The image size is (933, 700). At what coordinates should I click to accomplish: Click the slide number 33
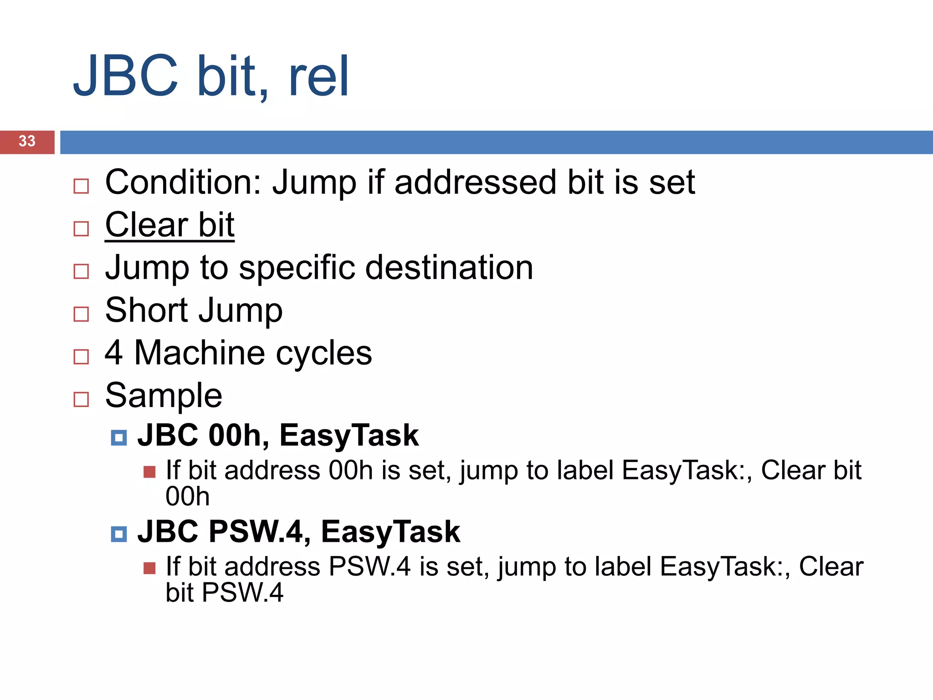pyautogui.click(x=27, y=141)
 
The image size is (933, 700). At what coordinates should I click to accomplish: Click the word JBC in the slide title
pyautogui.click(x=126, y=76)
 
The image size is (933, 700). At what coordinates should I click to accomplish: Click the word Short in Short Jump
pyautogui.click(x=146, y=310)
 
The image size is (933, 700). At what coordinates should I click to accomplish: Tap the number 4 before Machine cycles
pyautogui.click(x=114, y=353)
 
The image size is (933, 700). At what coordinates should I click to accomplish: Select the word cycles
pyautogui.click(x=324, y=354)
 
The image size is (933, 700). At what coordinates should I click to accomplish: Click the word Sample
pyautogui.click(x=164, y=396)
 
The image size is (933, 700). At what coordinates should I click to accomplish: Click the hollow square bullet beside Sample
pyautogui.click(x=81, y=399)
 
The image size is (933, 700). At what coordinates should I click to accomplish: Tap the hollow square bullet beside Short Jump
pyautogui.click(x=81, y=314)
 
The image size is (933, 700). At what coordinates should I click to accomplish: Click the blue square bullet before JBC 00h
pyautogui.click(x=119, y=438)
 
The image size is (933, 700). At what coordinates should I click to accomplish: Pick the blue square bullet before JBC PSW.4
pyautogui.click(x=119, y=534)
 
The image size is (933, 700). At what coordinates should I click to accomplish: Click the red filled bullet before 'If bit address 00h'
pyautogui.click(x=149, y=472)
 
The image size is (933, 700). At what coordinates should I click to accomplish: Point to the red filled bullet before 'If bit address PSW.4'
pyautogui.click(x=149, y=568)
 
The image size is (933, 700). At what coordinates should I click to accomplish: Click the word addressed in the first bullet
pyautogui.click(x=475, y=182)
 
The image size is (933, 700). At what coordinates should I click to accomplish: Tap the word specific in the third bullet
pyautogui.click(x=297, y=268)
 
